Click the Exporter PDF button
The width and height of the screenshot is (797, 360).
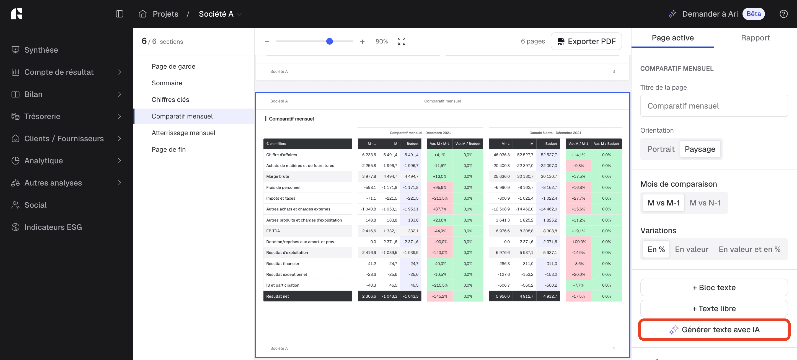(586, 41)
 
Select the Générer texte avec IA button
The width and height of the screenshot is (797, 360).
(714, 330)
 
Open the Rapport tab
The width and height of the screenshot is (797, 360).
(755, 38)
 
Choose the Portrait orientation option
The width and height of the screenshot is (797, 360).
(661, 149)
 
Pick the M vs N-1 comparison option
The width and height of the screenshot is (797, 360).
(705, 203)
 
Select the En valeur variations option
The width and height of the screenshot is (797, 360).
(692, 249)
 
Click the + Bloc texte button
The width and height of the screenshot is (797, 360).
(714, 287)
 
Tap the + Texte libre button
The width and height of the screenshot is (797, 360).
(714, 308)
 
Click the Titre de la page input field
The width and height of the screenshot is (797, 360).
(714, 106)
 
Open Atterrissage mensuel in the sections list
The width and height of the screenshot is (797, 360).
(183, 133)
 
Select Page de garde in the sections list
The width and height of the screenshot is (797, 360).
(173, 66)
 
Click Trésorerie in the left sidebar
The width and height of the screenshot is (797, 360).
(42, 116)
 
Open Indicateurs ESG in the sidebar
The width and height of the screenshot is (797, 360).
(53, 227)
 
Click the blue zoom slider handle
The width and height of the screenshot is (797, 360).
(330, 41)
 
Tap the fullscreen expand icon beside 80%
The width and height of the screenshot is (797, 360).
(401, 41)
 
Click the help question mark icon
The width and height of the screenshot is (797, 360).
(783, 14)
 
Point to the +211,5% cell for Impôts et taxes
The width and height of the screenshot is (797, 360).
(440, 198)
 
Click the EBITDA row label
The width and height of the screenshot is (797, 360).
(273, 231)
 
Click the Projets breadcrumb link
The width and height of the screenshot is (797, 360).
(165, 14)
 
